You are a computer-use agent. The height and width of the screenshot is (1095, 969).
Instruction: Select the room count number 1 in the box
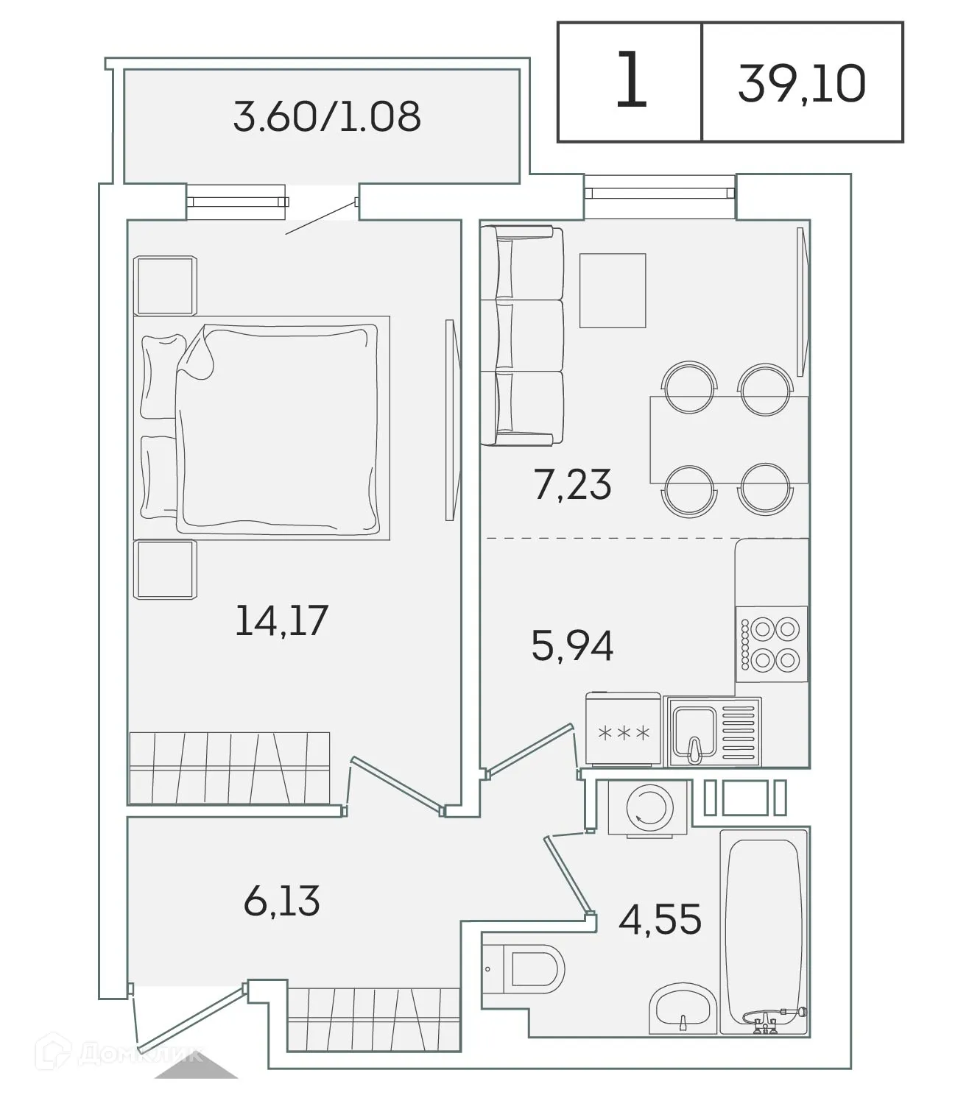click(x=630, y=81)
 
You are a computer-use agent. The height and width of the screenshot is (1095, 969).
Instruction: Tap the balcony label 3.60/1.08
click(x=327, y=116)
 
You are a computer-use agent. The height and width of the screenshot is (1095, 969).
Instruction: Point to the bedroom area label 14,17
click(x=281, y=620)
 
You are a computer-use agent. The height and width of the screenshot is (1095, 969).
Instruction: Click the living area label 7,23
click(x=572, y=485)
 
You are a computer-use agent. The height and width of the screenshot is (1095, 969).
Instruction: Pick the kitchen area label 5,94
click(x=572, y=646)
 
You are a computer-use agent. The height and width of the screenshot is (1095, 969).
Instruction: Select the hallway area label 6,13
click(x=281, y=901)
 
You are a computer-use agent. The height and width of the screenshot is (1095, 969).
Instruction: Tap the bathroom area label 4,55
click(x=659, y=919)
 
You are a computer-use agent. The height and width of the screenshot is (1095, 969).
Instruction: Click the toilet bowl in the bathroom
click(x=533, y=969)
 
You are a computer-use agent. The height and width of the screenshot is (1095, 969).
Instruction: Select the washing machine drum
click(x=649, y=807)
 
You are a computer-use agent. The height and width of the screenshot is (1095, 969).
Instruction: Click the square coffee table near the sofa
click(x=613, y=291)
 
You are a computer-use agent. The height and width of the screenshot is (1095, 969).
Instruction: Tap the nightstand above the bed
click(x=165, y=285)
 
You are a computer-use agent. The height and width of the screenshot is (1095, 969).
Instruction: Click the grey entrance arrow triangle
click(x=196, y=1067)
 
